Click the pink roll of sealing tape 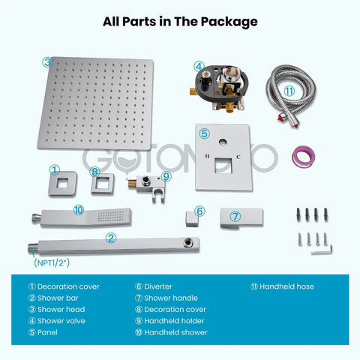303,157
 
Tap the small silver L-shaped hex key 322,250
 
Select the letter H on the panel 207,156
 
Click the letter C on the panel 238,157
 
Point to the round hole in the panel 223,142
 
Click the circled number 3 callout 47,62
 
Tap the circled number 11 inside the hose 289,91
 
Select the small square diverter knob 192,219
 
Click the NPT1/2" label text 52,262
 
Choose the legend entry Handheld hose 282,286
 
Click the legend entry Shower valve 57,321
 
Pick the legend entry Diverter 154,286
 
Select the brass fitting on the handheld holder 132,184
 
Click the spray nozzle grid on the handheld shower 111,217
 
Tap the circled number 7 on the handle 235,217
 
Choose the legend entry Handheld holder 169,321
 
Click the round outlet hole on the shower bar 187,243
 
